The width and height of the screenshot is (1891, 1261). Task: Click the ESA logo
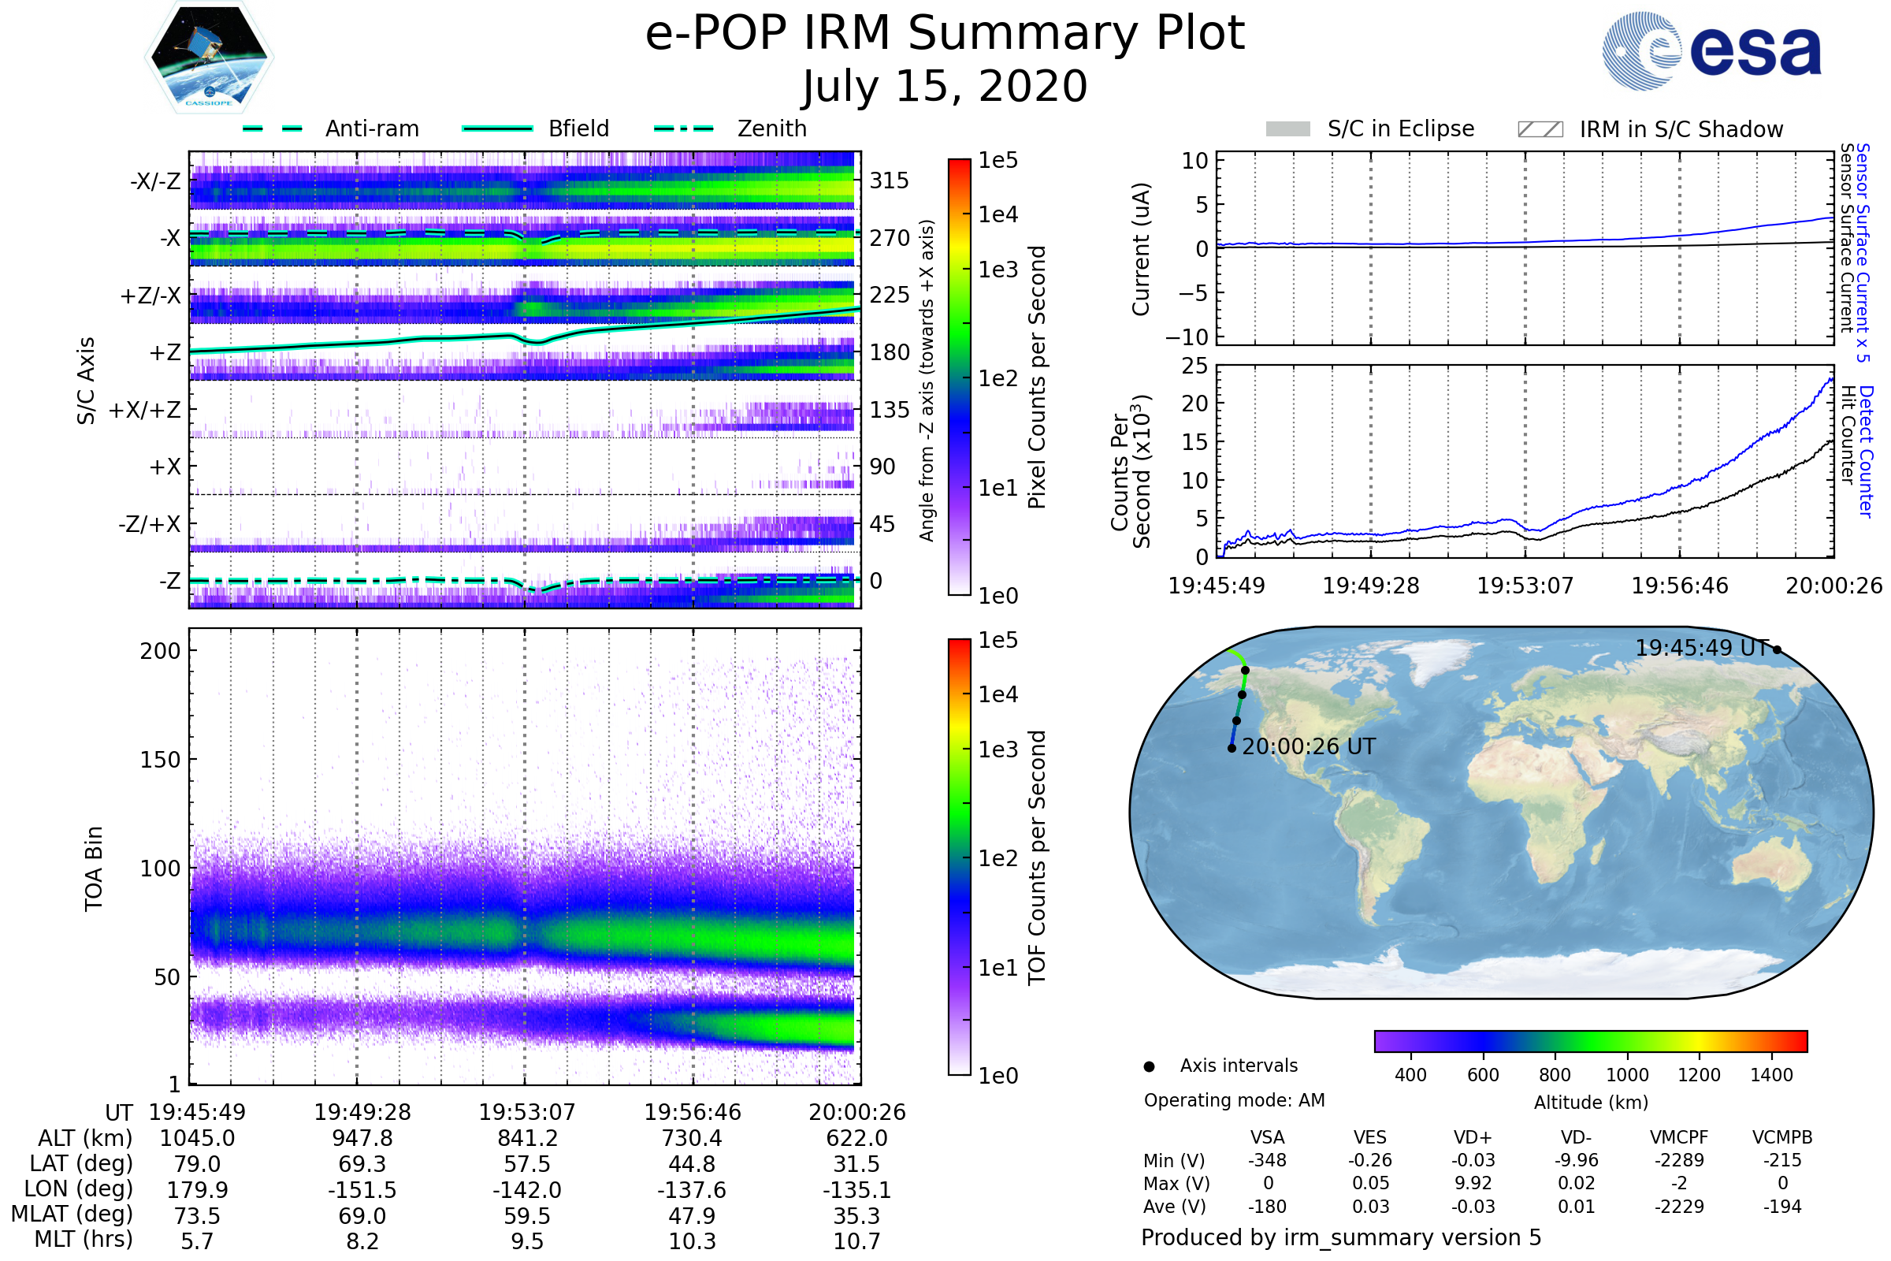[x=1711, y=50]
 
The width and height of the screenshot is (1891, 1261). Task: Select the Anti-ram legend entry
[x=330, y=128]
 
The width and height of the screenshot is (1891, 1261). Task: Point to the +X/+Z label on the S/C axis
[x=145, y=410]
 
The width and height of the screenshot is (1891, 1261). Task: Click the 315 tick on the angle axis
[x=890, y=180]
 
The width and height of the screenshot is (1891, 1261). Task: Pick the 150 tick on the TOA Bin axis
[x=160, y=760]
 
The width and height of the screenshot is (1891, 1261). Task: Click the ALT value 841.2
[x=527, y=1139]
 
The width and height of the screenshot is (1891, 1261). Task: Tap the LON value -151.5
[x=362, y=1190]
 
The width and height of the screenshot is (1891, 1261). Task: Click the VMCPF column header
[x=1679, y=1138]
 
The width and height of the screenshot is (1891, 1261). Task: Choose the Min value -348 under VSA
[x=1267, y=1160]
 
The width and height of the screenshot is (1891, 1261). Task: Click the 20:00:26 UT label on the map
[x=1309, y=747]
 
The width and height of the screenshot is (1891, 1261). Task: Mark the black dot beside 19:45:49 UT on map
[x=1777, y=649]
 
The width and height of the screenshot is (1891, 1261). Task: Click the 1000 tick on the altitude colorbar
[x=1626, y=1075]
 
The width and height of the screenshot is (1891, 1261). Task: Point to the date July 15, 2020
[x=945, y=86]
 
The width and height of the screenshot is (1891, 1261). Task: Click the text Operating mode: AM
[x=1234, y=1100]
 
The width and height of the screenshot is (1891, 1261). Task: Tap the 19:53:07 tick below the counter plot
[x=1525, y=586]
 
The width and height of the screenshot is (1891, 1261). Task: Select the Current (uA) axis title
[x=1141, y=249]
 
